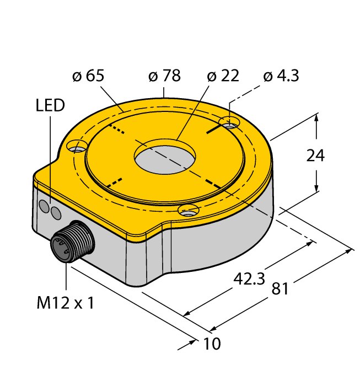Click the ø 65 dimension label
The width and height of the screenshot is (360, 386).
(88, 76)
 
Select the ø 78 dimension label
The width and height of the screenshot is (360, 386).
(165, 76)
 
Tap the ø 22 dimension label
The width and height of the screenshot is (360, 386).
(223, 76)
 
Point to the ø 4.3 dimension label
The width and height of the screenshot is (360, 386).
(281, 76)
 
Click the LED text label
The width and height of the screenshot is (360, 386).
(50, 105)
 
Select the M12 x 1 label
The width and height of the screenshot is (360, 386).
(65, 303)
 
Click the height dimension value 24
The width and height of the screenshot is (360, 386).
(315, 156)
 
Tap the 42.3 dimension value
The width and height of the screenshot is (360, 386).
(249, 279)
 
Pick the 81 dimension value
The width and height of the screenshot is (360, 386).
(280, 289)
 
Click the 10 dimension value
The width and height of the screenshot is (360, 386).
(212, 344)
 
